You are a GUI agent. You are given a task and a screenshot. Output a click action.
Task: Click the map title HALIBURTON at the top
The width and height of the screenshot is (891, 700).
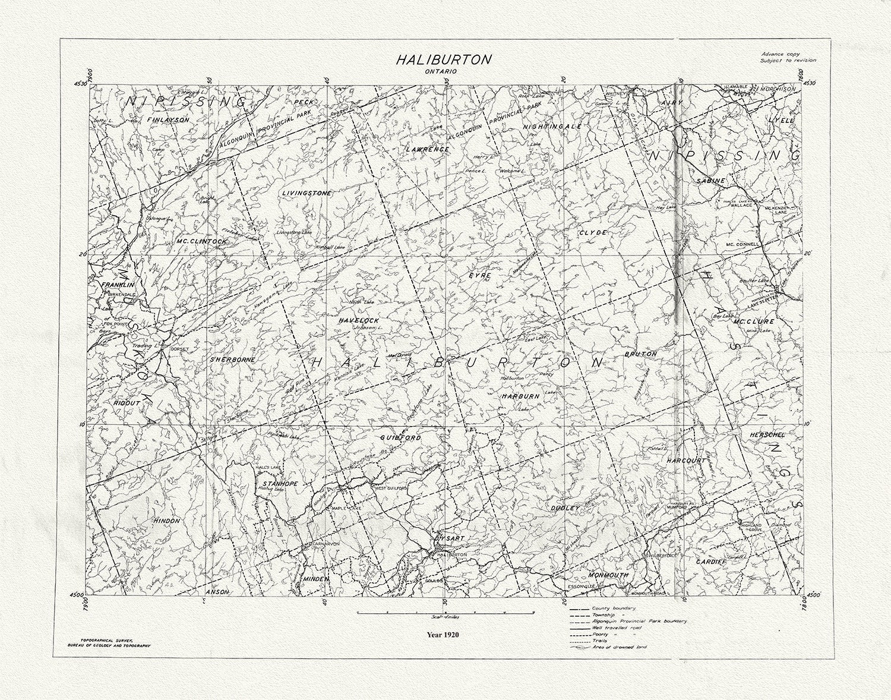click(x=444, y=59)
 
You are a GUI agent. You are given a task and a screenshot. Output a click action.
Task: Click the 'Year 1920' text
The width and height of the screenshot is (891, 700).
click(x=443, y=634)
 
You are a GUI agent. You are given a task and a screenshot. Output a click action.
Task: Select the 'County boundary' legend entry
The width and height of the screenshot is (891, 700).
click(x=614, y=608)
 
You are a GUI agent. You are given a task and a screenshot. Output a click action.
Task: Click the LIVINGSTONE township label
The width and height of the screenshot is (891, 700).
click(x=307, y=193)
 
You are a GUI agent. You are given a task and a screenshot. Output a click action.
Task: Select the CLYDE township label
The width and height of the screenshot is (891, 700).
click(x=593, y=232)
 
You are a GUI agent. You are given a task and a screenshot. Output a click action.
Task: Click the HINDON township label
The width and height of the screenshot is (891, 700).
click(x=167, y=521)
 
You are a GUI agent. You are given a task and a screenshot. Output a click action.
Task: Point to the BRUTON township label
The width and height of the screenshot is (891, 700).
click(x=641, y=354)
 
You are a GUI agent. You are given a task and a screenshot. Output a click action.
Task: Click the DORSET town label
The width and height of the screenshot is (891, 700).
click(x=179, y=349)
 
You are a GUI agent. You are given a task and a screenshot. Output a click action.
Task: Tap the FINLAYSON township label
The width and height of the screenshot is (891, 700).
click(x=168, y=119)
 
